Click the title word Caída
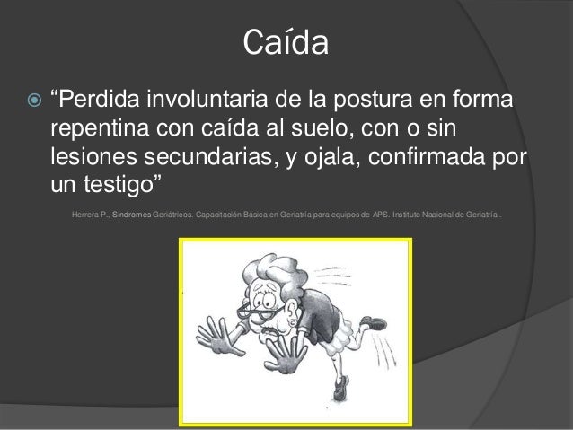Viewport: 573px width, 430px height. (x=286, y=42)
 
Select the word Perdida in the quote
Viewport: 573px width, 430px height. (x=102, y=96)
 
